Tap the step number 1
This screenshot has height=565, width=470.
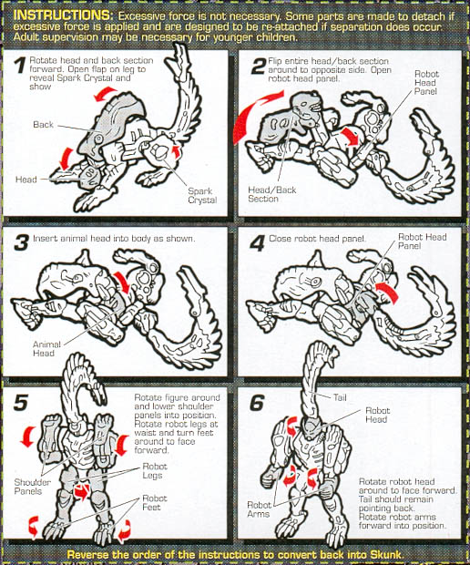point(21,66)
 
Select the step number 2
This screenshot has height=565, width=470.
point(259,66)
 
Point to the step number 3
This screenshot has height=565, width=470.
point(21,242)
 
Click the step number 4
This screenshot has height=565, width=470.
point(258,243)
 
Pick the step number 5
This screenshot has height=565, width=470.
point(21,403)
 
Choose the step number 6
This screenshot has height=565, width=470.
point(257,403)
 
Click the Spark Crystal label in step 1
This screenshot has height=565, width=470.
point(202,196)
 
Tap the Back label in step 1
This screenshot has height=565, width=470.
point(43,125)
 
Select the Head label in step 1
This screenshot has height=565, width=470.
point(26,180)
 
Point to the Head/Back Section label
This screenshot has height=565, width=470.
point(272,194)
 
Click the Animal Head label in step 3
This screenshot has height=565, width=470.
point(46,348)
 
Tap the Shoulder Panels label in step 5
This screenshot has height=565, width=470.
point(33,487)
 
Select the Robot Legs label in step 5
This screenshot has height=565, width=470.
point(155,470)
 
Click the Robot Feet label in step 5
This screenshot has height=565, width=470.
point(155,503)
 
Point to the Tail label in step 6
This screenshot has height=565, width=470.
point(340,397)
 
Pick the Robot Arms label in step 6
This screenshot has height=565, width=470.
point(259,509)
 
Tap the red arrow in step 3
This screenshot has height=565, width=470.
point(122,282)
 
